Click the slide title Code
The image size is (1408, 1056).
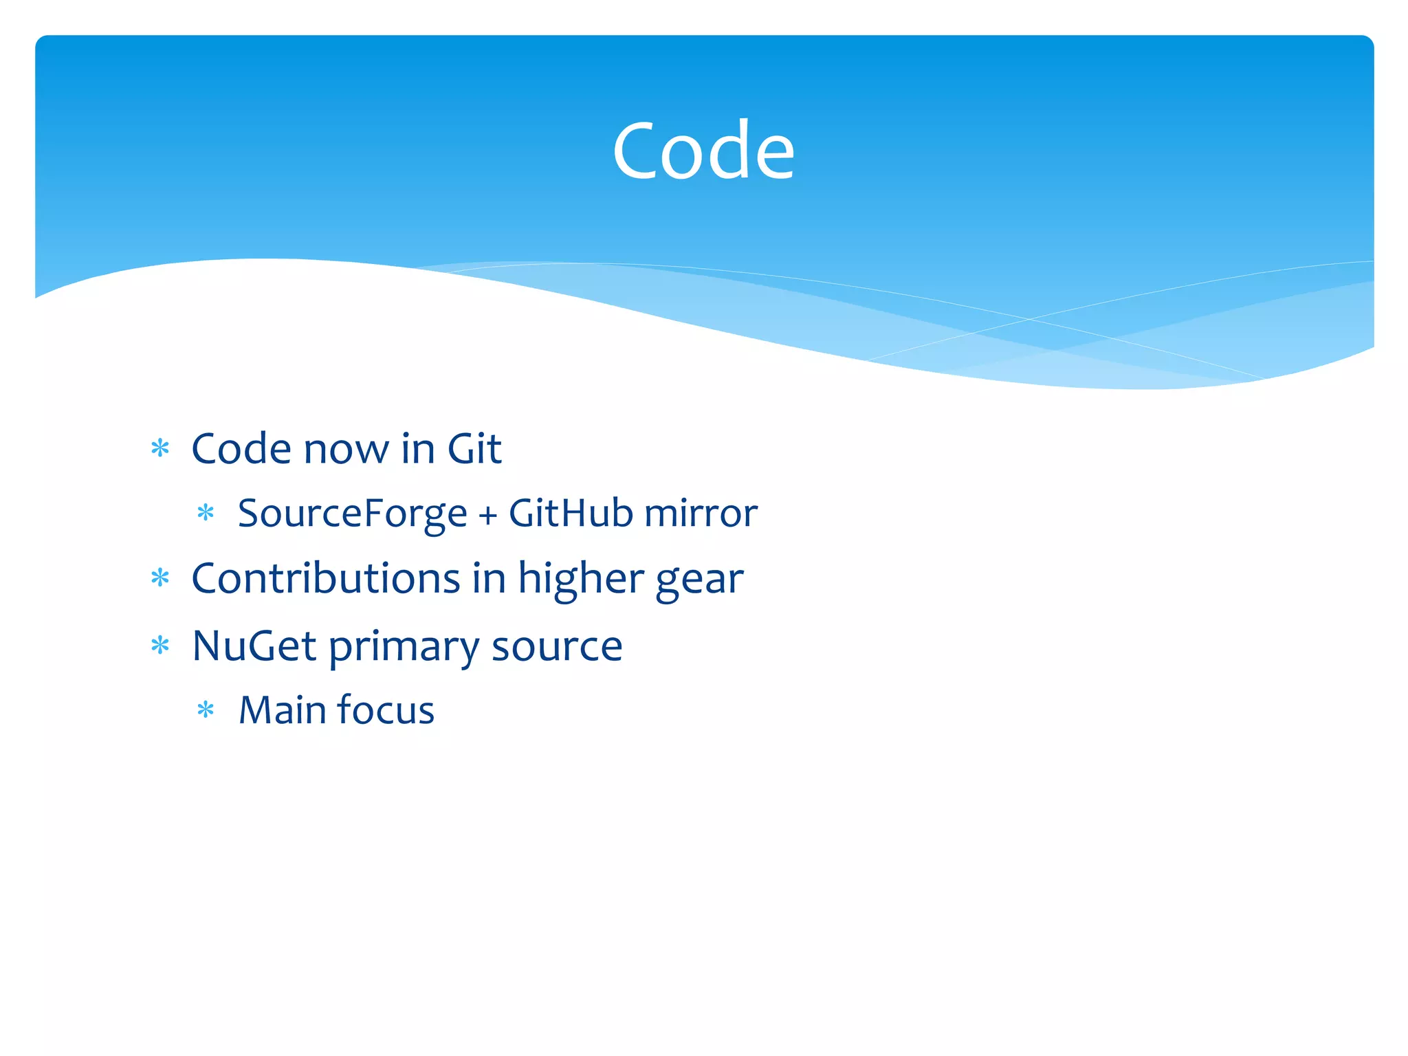click(703, 151)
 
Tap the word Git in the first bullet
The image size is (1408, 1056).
click(474, 450)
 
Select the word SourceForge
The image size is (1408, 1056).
click(352, 514)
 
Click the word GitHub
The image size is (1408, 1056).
click(571, 514)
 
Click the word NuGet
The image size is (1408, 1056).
click(254, 646)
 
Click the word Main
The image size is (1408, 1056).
click(282, 710)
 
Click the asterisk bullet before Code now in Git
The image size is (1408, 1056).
click(160, 449)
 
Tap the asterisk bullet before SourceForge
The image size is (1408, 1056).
click(206, 513)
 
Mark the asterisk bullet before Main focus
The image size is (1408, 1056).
click(206, 709)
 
